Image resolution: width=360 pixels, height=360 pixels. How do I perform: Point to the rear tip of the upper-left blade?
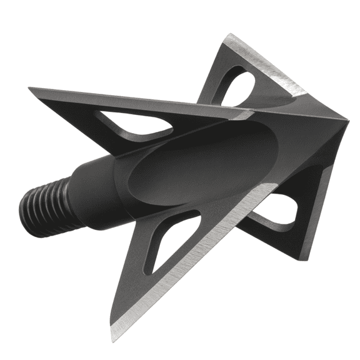click(x=31, y=89)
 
